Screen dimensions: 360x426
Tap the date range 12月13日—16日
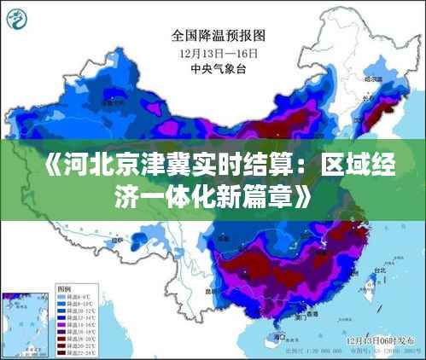[x=219, y=53]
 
